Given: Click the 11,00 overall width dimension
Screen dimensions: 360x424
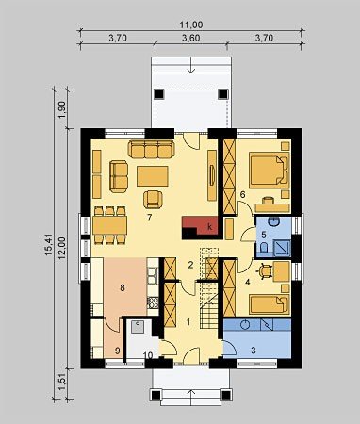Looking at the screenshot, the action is click(191, 24).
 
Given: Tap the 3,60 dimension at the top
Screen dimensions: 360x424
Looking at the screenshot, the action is click(191, 38).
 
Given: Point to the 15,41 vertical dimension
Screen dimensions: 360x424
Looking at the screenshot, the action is click(48, 245).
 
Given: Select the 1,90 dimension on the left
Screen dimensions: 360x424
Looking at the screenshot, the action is click(62, 109).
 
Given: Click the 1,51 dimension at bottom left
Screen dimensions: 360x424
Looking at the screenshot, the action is click(62, 383).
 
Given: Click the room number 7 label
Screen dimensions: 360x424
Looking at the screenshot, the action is click(150, 218).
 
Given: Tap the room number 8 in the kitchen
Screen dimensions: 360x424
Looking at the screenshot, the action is click(123, 287).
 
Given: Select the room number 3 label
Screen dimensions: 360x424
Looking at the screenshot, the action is click(254, 350).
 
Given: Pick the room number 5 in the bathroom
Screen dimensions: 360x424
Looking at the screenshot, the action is click(264, 235).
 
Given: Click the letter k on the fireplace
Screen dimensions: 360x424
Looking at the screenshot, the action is click(210, 227).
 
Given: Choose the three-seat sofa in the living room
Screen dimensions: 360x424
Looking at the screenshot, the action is click(151, 149).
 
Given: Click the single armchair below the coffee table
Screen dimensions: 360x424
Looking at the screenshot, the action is click(154, 200).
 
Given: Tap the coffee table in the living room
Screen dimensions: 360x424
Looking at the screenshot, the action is click(153, 176).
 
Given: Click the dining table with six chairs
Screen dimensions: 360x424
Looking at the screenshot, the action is click(110, 225).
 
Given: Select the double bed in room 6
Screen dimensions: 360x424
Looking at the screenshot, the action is click(269, 170).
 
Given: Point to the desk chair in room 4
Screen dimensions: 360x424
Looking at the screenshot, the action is click(266, 271).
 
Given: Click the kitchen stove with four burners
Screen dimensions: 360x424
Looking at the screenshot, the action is click(153, 302).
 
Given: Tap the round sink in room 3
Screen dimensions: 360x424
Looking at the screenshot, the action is click(245, 324).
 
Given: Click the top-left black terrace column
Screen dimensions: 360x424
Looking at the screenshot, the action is click(159, 94).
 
